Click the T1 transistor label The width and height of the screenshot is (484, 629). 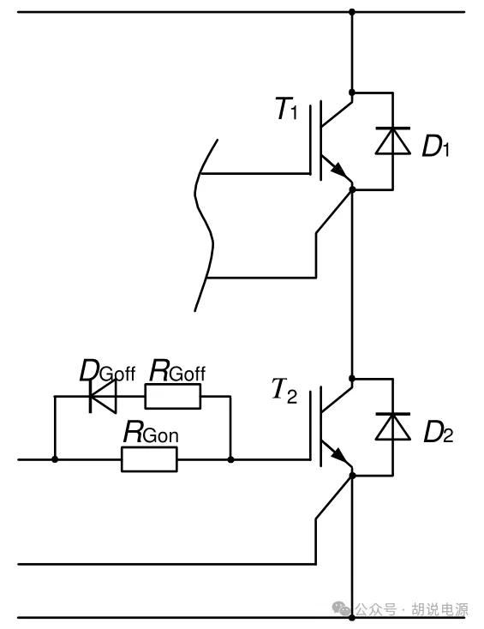pos(287,108)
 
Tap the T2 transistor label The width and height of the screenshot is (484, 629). pos(284,391)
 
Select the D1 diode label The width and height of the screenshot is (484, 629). pos(436,146)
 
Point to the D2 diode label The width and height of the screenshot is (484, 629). pos(439,433)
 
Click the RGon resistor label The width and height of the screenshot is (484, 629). pos(151,432)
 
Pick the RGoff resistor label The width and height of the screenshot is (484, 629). pos(177,371)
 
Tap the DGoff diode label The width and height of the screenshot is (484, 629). pos(107,371)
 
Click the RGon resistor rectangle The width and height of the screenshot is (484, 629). pos(149,459)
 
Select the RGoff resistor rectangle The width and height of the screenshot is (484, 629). pos(173,396)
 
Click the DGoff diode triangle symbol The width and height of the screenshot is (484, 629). pos(103,396)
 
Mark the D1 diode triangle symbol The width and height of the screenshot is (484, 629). pos(393,141)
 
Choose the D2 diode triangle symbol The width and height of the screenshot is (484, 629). pos(393,426)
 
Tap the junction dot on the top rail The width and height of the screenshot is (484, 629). pos(352,12)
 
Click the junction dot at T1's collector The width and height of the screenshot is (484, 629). pos(352,93)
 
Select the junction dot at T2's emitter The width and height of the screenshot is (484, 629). pos(352,476)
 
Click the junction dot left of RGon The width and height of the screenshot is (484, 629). pos(55,459)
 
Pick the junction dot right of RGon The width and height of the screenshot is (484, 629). pos(230,459)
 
